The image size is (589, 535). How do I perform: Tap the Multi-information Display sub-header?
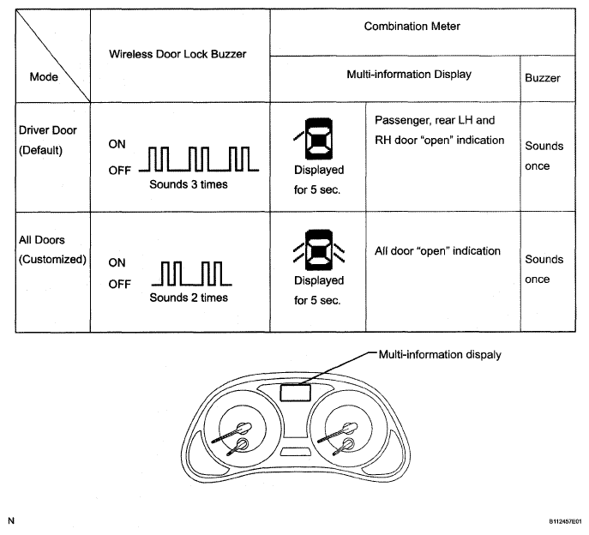click(409, 75)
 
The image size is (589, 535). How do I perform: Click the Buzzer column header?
click(542, 78)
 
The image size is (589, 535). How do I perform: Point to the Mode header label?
click(44, 76)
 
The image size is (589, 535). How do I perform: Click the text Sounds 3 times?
click(189, 184)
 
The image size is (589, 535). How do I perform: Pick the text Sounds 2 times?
click(189, 298)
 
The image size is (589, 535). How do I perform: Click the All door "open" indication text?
click(437, 251)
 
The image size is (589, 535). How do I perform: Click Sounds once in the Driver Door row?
click(544, 156)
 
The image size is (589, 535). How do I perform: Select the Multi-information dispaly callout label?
click(440, 354)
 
